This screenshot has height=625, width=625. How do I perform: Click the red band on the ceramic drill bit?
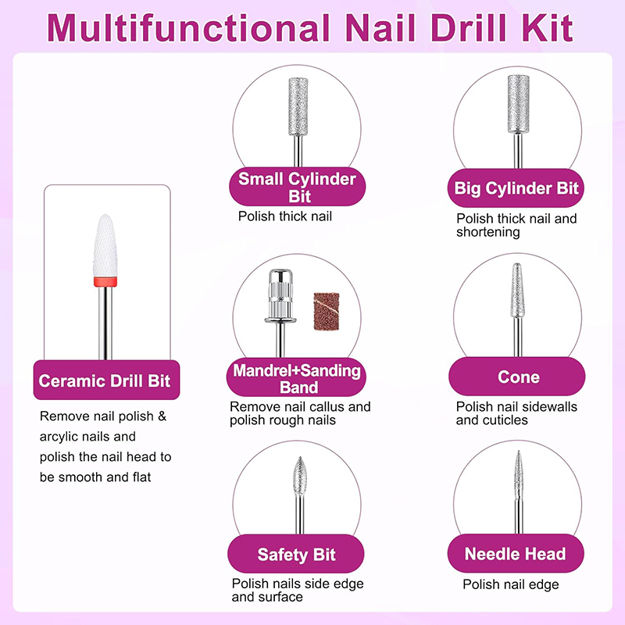(x=105, y=282)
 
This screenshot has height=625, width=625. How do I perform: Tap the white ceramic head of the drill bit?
(x=105, y=245)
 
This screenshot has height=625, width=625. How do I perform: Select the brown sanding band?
(x=327, y=311)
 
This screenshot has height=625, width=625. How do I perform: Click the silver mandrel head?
(x=280, y=295)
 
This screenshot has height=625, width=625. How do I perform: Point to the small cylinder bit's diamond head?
(x=298, y=106)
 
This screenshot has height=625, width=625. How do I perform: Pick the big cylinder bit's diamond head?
(x=518, y=104)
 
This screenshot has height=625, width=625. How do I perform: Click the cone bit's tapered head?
(x=517, y=290)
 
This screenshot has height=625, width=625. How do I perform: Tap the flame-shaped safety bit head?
(x=300, y=476)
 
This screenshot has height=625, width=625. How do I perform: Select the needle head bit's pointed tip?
(x=518, y=452)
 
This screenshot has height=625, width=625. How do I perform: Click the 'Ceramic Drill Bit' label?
(x=105, y=380)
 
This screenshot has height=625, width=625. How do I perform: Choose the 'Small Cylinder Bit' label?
(x=297, y=187)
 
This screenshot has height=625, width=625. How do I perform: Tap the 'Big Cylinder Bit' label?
(x=516, y=188)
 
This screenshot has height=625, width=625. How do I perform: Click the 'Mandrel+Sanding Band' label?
(x=297, y=379)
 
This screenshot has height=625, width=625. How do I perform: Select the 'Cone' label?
(x=519, y=377)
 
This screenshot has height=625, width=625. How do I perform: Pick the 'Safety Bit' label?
(x=296, y=555)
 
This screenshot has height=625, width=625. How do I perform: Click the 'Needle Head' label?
(x=515, y=554)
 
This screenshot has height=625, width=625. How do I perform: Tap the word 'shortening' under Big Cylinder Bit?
(x=487, y=232)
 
